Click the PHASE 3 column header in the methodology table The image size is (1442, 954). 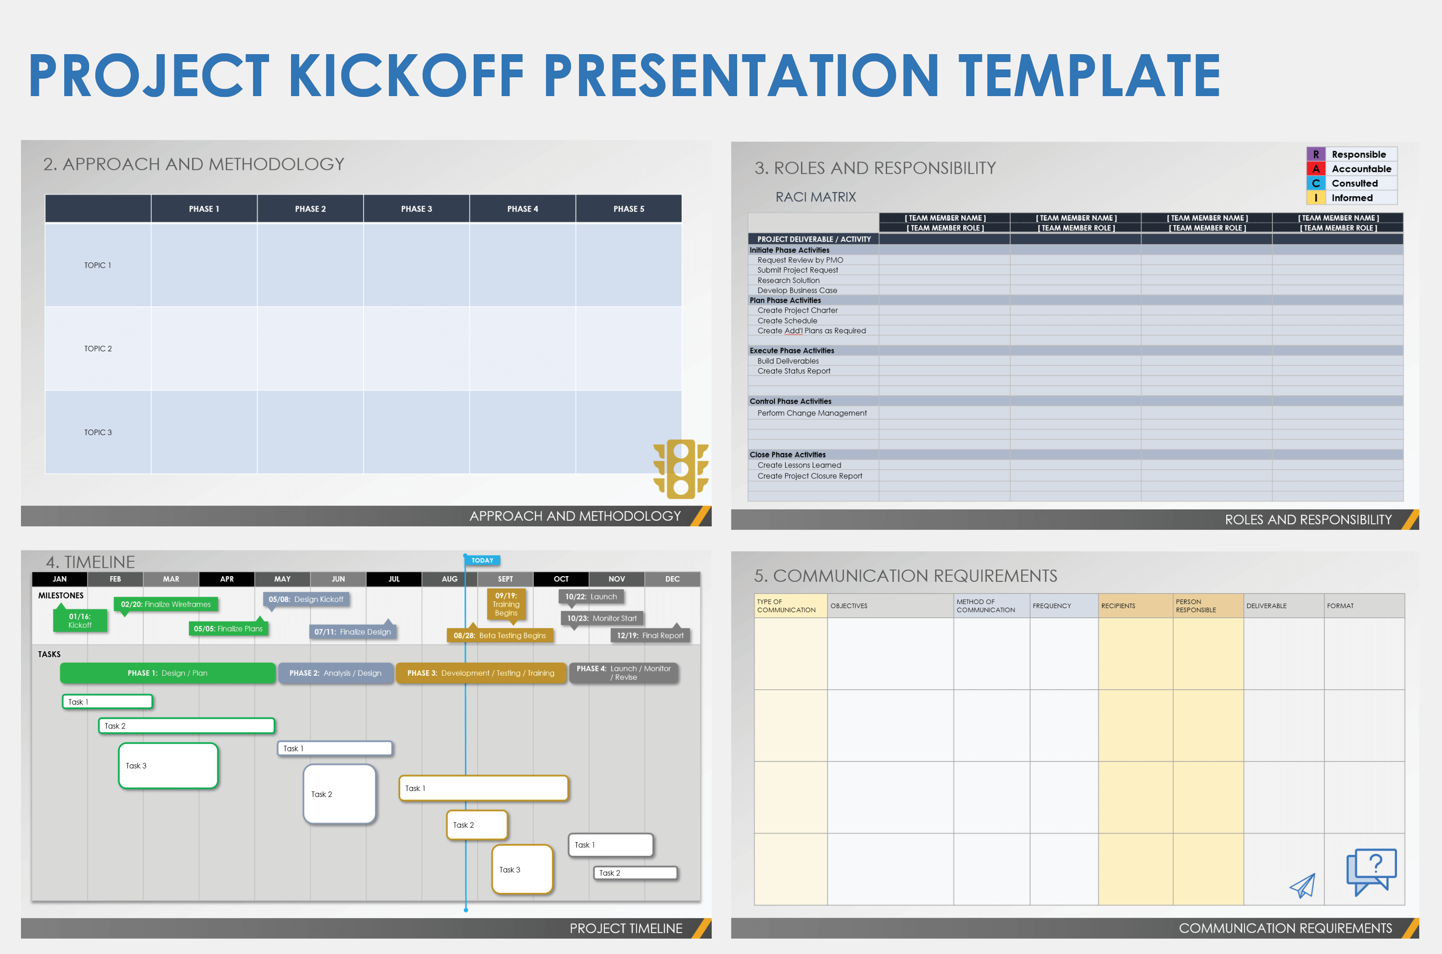(416, 209)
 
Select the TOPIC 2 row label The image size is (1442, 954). (98, 349)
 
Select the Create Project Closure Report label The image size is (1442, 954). (810, 476)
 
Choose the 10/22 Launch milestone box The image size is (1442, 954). (591, 597)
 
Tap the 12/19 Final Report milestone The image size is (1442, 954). (650, 635)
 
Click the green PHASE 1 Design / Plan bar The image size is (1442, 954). (167, 673)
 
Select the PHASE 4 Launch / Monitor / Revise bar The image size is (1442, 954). (623, 673)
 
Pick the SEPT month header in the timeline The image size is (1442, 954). (505, 579)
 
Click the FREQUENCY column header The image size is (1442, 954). (1052, 606)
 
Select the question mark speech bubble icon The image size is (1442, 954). (1371, 872)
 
